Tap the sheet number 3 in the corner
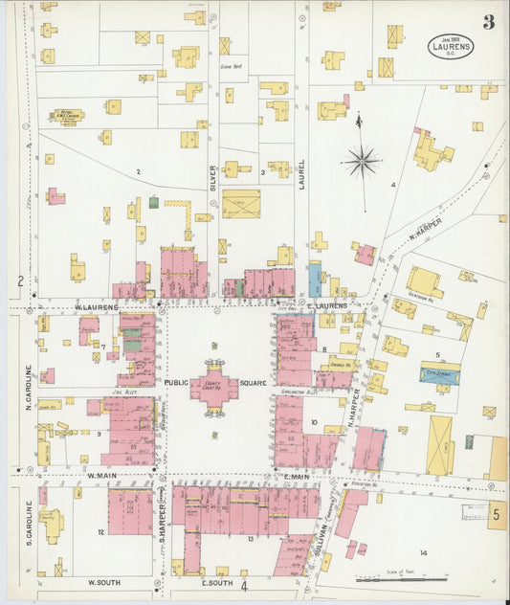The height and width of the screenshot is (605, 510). [488, 23]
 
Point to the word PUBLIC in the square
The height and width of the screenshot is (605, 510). [176, 383]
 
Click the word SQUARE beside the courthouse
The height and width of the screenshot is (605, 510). [255, 383]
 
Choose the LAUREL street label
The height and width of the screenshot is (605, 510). [301, 173]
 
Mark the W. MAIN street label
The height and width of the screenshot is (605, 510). [102, 474]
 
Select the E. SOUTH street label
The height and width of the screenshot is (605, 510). [217, 581]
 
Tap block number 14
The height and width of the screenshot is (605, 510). [422, 553]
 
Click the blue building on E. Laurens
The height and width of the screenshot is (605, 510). [315, 279]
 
